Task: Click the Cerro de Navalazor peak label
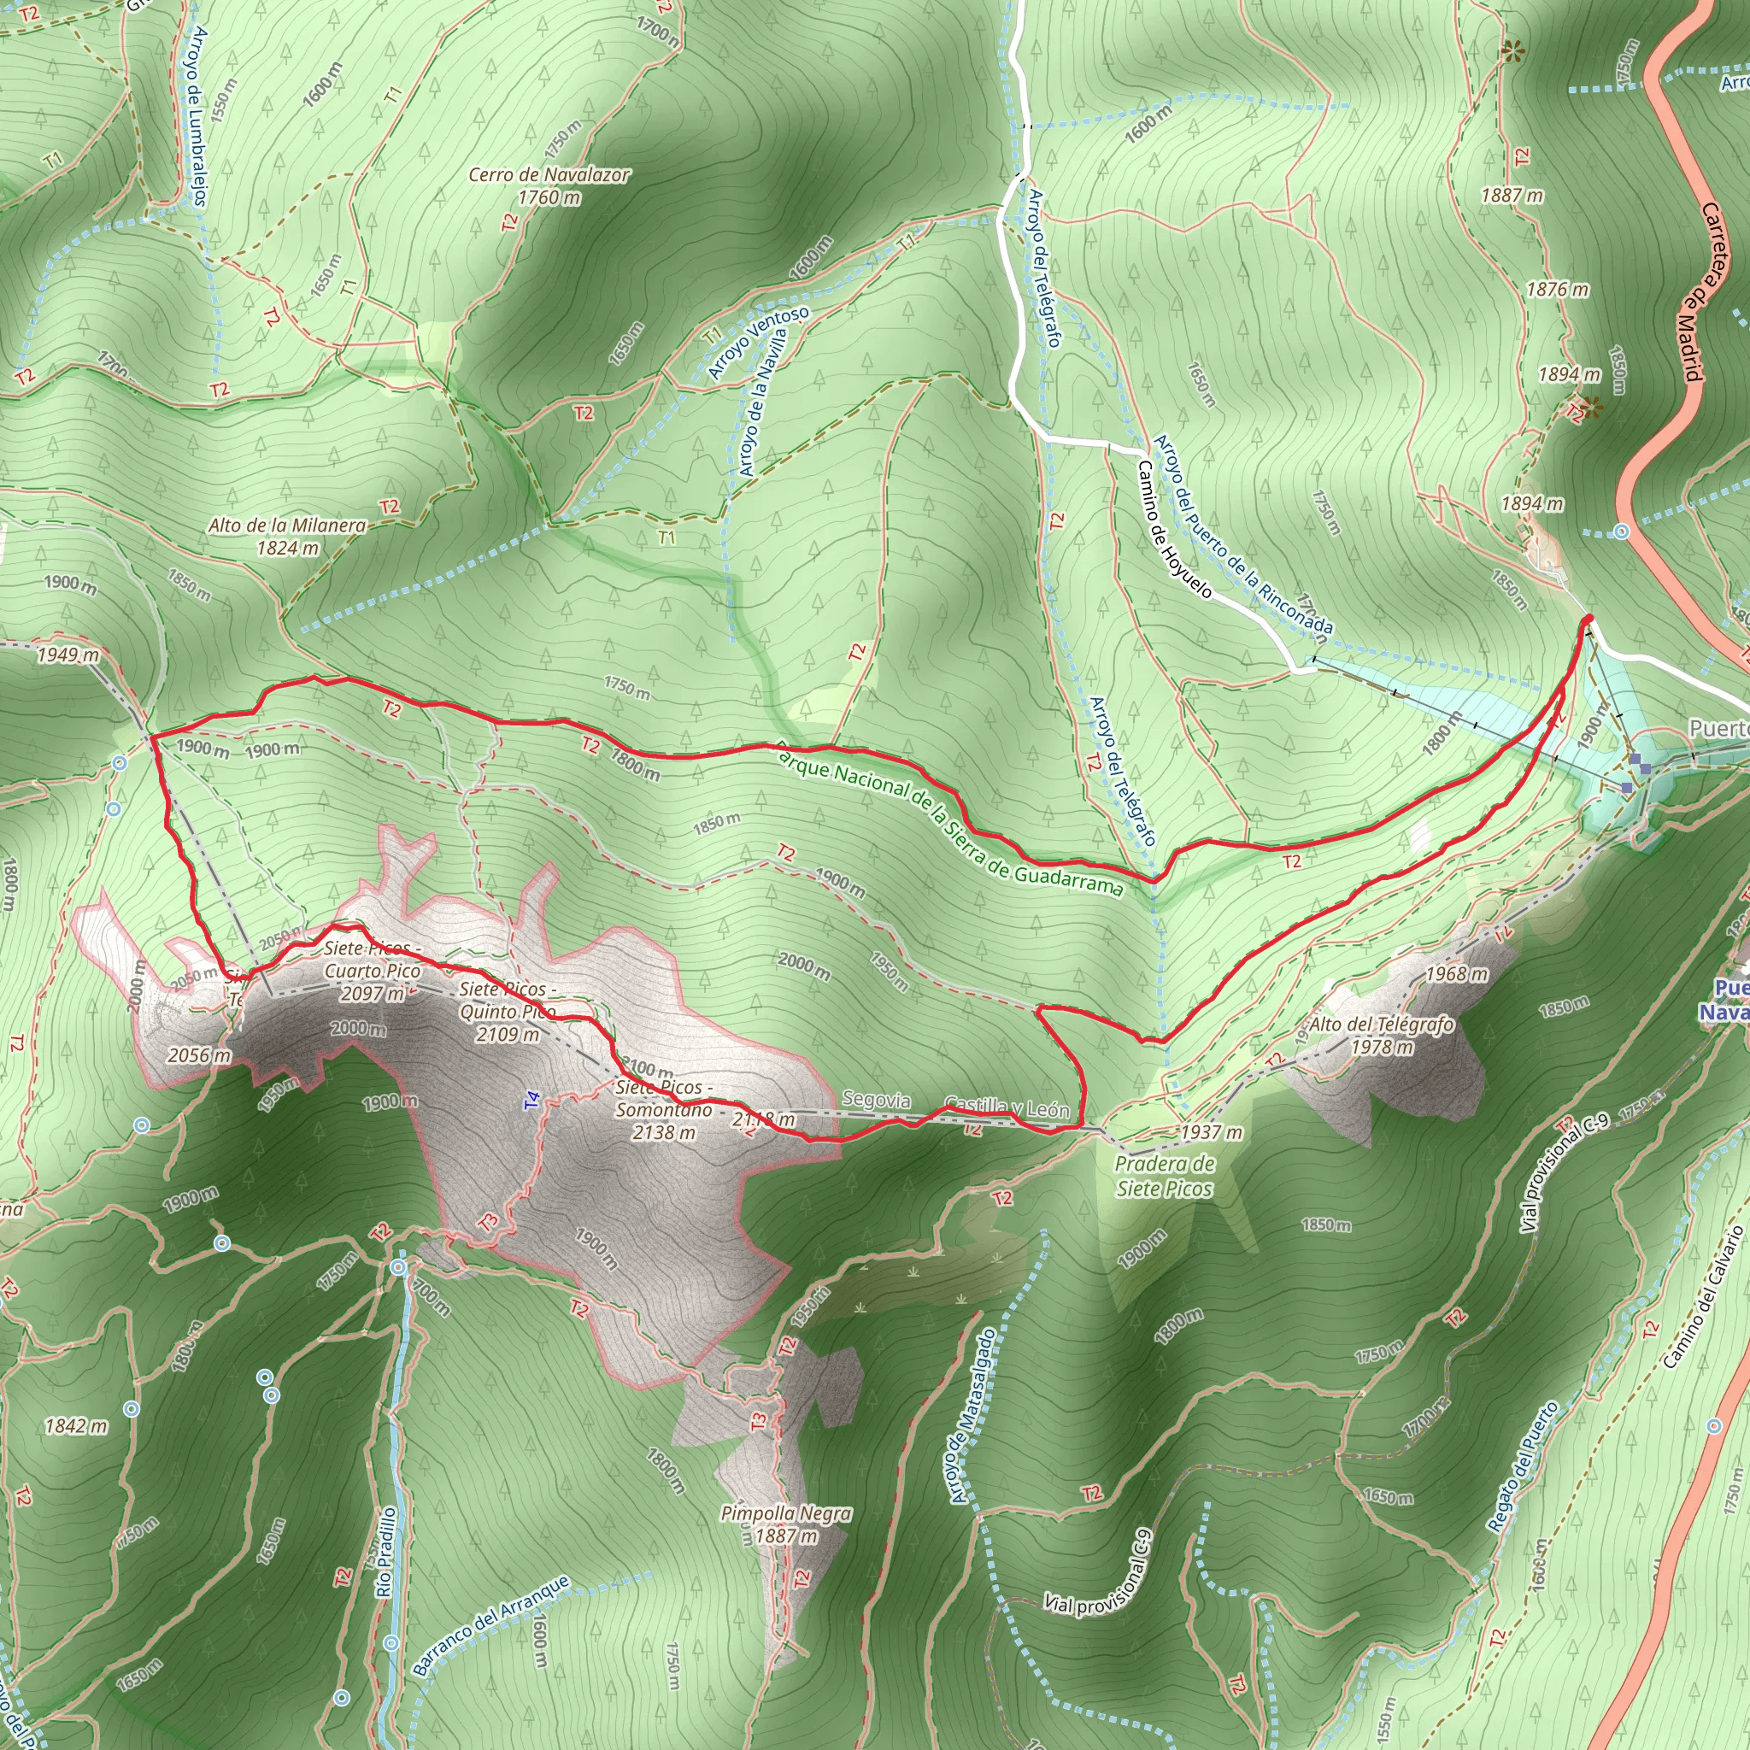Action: pos(548,185)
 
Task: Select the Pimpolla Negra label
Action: pos(785,1524)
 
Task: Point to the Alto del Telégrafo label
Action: pos(1382,1035)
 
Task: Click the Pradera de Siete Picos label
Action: pos(1164,1176)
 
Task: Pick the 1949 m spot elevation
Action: pos(67,654)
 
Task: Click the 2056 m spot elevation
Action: pos(199,1055)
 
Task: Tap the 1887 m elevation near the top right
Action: pos(1512,195)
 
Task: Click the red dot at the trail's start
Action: pos(1588,619)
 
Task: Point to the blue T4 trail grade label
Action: pos(531,1101)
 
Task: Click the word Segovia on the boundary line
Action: pos(876,1100)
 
